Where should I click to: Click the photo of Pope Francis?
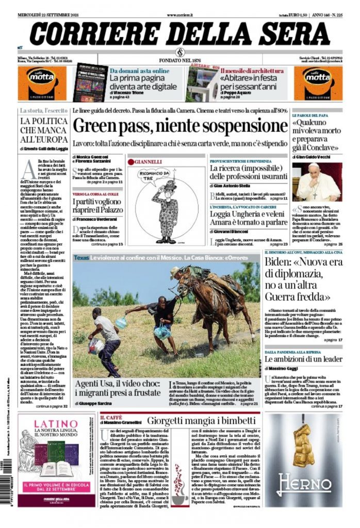(317, 182)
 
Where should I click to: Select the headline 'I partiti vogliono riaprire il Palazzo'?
(98, 205)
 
